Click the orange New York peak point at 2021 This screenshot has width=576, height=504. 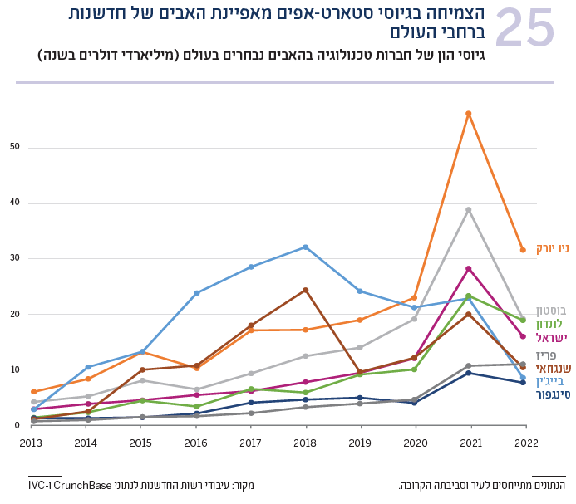pyautogui.click(x=469, y=114)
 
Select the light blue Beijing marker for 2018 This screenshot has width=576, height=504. pyautogui.click(x=306, y=247)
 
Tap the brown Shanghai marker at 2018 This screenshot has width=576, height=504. pyautogui.click(x=306, y=290)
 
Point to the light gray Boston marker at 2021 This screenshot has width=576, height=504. pyautogui.click(x=469, y=209)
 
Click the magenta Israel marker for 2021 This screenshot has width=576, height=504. pyautogui.click(x=469, y=269)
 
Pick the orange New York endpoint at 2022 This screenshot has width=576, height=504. pyautogui.click(x=523, y=250)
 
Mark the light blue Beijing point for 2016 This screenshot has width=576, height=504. pyautogui.click(x=197, y=293)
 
